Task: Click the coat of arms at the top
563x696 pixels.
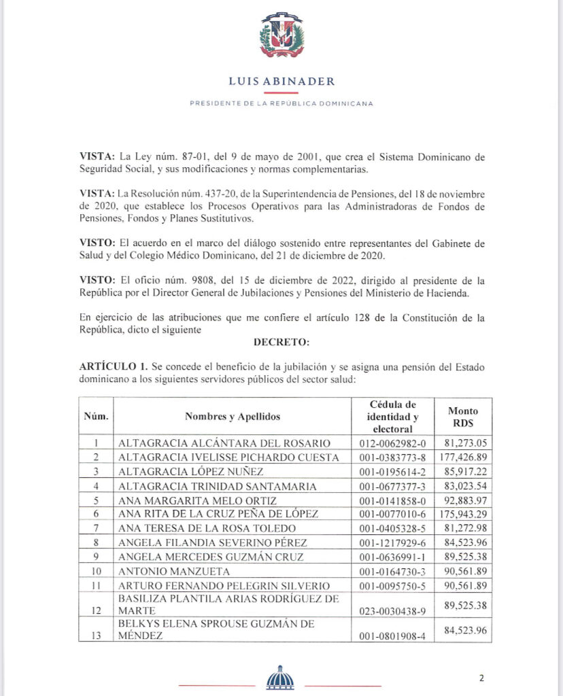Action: [281, 35]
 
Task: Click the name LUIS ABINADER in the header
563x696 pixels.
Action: [281, 82]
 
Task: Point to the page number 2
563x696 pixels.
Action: [481, 678]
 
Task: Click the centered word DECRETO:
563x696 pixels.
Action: [281, 341]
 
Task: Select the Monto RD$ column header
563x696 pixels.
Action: [463, 416]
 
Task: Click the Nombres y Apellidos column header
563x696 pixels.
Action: [232, 416]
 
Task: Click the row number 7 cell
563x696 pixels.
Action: [96, 528]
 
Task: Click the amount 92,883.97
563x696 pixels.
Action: [463, 500]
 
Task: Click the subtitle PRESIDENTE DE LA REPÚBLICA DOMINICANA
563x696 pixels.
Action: [281, 103]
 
